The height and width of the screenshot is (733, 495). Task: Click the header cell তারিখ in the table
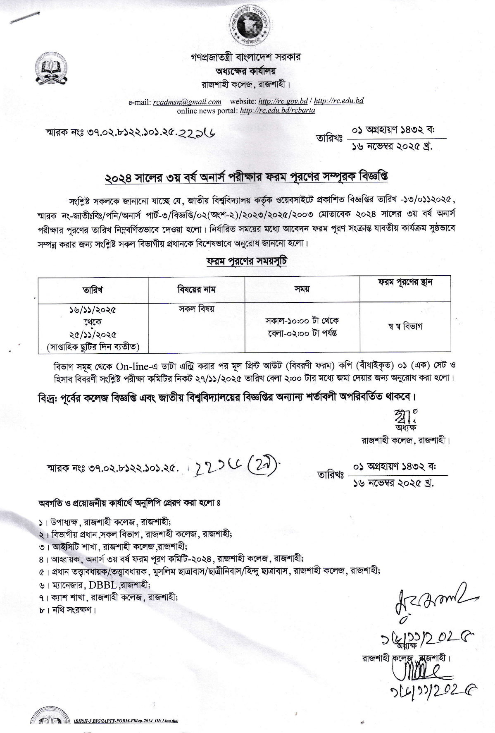93,290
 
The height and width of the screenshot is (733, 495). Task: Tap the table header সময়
302,289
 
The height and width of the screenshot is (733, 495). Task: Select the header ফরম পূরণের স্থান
405,283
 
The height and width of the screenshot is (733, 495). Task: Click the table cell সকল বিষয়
196,309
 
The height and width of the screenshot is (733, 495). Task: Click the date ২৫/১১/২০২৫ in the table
93,334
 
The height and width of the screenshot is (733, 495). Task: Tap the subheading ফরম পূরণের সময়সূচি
247,262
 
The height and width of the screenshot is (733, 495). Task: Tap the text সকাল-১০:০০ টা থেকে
302,321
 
